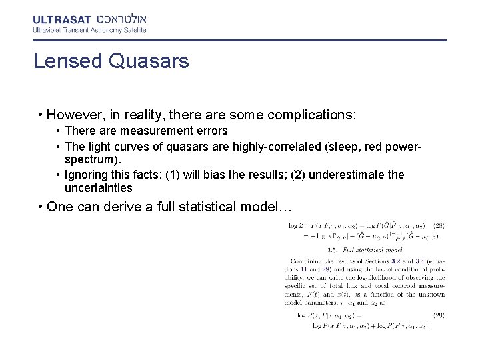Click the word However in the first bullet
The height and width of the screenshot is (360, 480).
[x=74, y=115]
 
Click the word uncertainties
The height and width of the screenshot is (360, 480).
[x=99, y=188]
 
